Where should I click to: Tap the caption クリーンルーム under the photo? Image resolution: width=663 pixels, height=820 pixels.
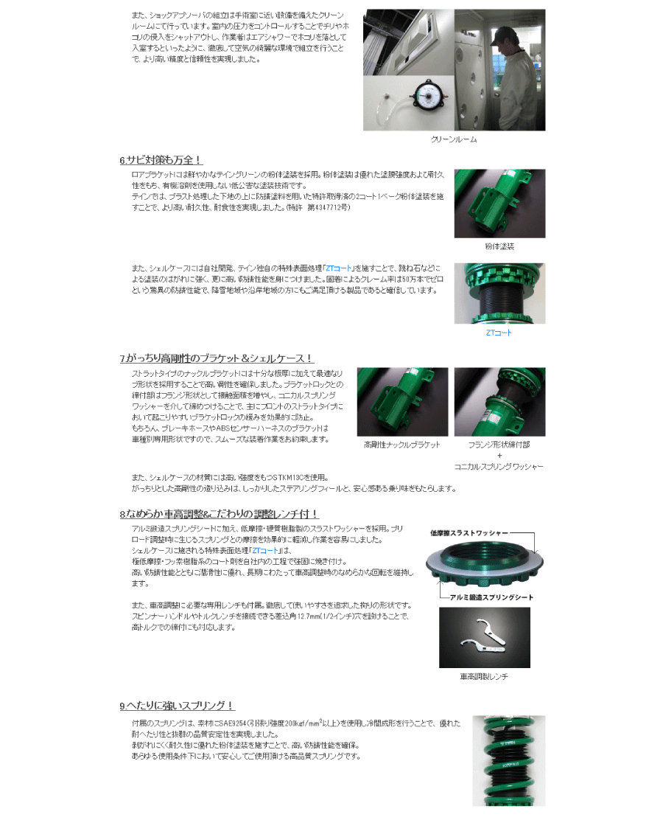pos(453,139)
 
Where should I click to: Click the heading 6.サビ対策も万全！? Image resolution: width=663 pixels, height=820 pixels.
pos(160,159)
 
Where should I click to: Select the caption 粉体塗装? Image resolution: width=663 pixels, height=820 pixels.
pos(499,246)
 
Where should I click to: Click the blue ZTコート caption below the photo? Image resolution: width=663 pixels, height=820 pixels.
pos(499,333)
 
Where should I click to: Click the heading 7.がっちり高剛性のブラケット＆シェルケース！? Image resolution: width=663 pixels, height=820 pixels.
pos(217,358)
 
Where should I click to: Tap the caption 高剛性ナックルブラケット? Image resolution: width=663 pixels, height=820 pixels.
pos(402,445)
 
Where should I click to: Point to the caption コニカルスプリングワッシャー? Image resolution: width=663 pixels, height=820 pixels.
pos(499,467)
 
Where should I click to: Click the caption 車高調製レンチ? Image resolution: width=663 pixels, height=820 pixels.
pos(483,676)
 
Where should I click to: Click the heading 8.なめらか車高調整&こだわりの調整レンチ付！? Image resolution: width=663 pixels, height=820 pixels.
pos(219,513)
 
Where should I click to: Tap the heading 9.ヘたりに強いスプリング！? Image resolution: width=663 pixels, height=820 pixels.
pos(177,705)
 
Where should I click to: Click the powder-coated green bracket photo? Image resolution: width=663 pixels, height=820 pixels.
pos(499,203)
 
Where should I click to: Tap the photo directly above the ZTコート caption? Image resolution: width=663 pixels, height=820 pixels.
pos(499,293)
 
